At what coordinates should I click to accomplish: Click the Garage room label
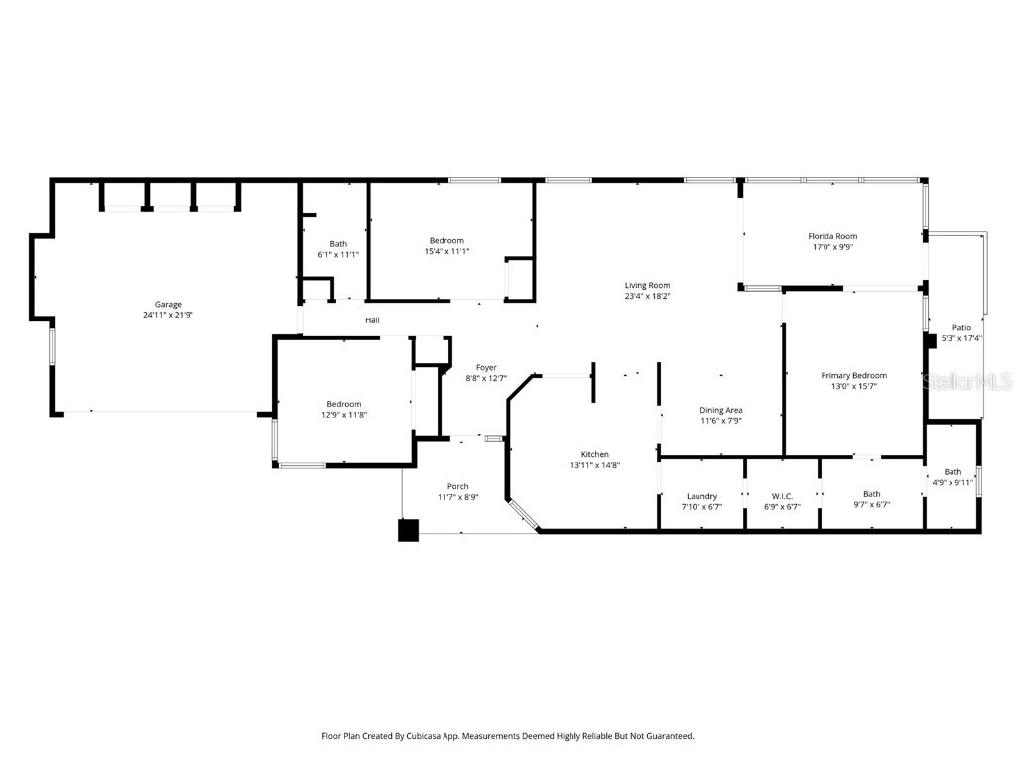tap(168, 305)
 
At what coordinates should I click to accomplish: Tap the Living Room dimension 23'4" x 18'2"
tap(647, 296)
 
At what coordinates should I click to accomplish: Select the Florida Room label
tap(831, 236)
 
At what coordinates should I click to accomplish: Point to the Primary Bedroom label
tap(853, 375)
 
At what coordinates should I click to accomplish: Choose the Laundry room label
tap(701, 495)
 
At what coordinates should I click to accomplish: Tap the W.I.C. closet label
tap(782, 495)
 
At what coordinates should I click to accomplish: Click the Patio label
tap(961, 327)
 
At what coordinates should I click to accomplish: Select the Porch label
tap(457, 486)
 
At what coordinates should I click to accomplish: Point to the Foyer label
tap(485, 367)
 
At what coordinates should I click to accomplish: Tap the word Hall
tap(372, 320)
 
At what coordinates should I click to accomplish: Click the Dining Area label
tap(721, 410)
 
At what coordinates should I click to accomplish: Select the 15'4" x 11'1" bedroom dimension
tap(446, 252)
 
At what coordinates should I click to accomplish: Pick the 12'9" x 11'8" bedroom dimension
tap(344, 415)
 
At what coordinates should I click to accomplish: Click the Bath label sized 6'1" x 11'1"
tap(338, 244)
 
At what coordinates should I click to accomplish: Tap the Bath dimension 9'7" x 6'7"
tap(871, 505)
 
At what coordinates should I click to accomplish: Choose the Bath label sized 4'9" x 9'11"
tap(952, 472)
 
